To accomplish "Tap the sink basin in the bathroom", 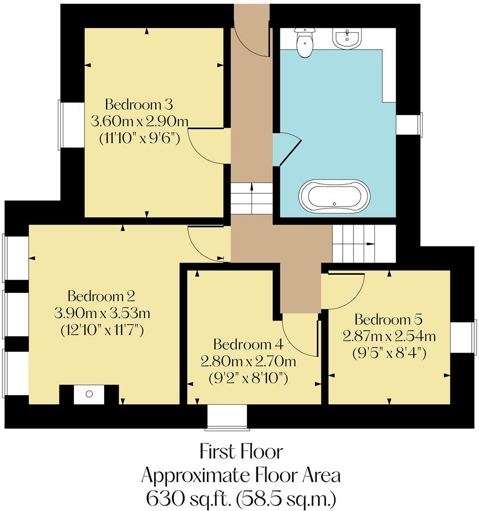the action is point(347,38).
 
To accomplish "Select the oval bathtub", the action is point(334,196).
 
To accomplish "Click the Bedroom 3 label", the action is point(139,105).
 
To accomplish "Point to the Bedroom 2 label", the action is point(101,296).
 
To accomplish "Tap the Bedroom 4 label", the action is point(248,344).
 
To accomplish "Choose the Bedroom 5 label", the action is point(388,319).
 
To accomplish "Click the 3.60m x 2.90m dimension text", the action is point(139,122).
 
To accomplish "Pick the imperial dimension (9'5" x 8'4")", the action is point(389,353).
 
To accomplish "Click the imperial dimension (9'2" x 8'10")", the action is point(248,379).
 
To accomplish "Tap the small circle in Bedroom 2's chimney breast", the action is point(89,394).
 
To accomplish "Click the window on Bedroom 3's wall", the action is point(71,125).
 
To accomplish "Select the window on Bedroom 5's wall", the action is point(463,337).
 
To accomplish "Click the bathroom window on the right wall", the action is point(409,123).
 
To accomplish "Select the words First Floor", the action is point(241,452).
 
